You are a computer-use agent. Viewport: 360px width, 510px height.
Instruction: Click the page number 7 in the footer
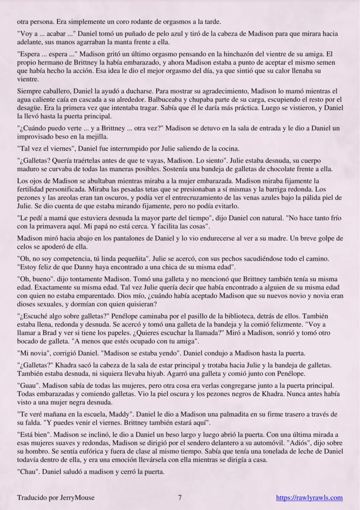coord(180,498)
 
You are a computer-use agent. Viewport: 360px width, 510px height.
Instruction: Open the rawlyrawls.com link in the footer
coord(309,498)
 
